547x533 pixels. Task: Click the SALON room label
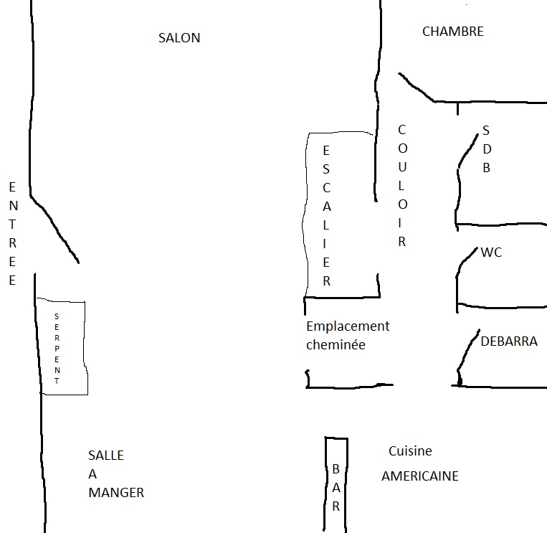coord(179,38)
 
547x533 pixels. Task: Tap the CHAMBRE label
coord(452,32)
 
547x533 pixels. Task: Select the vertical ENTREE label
coord(12,233)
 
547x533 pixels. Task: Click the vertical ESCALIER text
coord(326,215)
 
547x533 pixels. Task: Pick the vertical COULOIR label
coord(401,186)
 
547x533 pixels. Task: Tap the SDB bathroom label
coord(486,149)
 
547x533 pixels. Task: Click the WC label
coord(491,253)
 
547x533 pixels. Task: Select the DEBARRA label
coord(509,341)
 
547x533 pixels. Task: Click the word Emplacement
coord(348,326)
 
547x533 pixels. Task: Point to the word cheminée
coord(336,345)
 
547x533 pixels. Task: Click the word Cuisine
coord(410,451)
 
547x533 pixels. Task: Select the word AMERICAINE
coord(419,476)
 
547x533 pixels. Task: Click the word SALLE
coord(106,456)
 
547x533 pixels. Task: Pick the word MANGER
coord(116,493)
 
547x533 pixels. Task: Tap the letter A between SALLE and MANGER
coord(92,474)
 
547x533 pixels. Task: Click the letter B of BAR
coord(336,469)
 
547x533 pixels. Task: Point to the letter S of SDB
coord(486,131)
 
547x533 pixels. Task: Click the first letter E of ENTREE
coord(12,187)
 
